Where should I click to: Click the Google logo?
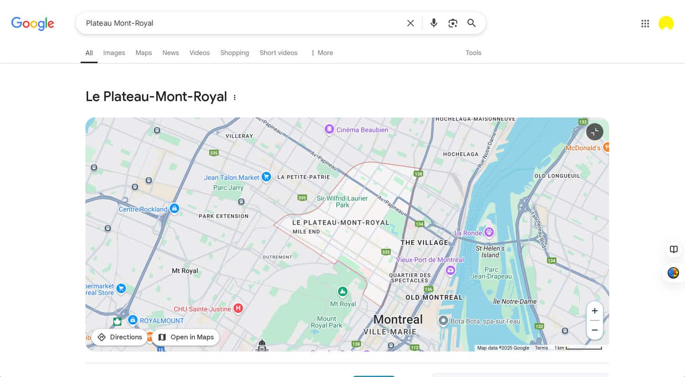[x=32, y=23]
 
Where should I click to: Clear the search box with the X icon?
[x=411, y=23]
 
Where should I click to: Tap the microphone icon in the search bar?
[x=434, y=23]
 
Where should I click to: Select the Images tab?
[x=114, y=53]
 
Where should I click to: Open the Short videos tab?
[x=278, y=53]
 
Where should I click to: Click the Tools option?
[x=473, y=53]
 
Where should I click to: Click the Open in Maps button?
[x=186, y=337]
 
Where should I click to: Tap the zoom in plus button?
[x=595, y=311]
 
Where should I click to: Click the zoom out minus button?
[x=595, y=330]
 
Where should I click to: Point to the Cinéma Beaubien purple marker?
[x=329, y=130]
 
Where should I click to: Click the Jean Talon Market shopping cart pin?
[x=266, y=177]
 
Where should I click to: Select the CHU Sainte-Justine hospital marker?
[x=238, y=308]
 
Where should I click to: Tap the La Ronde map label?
[x=468, y=233]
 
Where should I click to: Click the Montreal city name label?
[x=398, y=319]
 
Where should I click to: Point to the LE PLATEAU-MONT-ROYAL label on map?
[x=340, y=223]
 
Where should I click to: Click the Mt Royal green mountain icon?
[x=342, y=292]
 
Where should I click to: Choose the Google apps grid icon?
[x=645, y=23]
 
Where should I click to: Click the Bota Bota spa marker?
[x=443, y=321]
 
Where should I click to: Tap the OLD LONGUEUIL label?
[x=557, y=176]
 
